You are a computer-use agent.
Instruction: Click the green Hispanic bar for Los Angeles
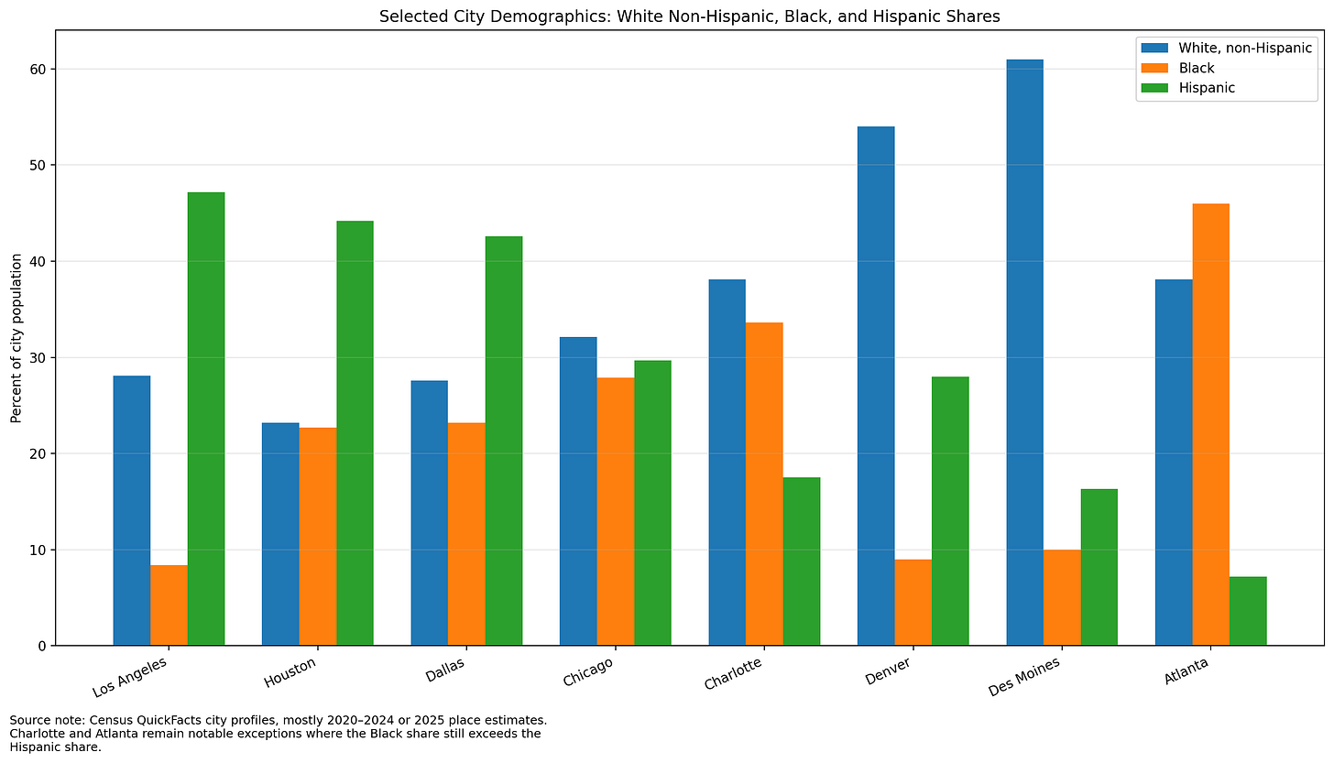pos(206,419)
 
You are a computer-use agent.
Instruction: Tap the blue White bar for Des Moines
pos(1024,353)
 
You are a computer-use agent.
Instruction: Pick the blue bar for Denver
pos(876,386)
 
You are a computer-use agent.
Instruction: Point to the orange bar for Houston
pos(318,537)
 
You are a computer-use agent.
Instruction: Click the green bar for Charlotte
pos(802,561)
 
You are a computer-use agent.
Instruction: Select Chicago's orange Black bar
pos(616,511)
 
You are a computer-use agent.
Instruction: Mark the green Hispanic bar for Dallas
pos(504,441)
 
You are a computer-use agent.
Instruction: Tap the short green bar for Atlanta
pos(1248,611)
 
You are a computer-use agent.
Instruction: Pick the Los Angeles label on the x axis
pos(130,676)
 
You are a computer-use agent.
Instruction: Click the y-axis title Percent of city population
pos(16,339)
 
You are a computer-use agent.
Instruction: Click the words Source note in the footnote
pos(41,720)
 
